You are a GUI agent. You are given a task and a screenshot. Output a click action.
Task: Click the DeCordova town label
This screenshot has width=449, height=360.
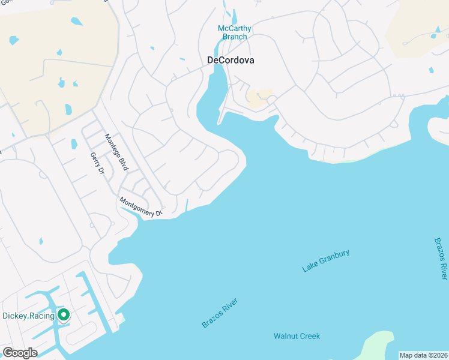coord(231,60)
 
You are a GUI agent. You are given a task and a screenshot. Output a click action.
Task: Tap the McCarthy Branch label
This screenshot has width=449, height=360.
coord(235,32)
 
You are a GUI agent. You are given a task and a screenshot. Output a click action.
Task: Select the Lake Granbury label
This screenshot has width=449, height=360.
coord(325,262)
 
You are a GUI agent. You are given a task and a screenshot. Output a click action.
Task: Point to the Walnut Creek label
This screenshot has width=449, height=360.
coord(297,336)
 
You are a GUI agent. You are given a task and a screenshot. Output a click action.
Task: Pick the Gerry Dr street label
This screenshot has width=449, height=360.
coord(97,163)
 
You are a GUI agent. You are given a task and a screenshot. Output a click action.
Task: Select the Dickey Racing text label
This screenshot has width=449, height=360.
coord(28,316)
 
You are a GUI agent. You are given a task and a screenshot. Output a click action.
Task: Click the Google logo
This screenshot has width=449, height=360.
coord(20,353)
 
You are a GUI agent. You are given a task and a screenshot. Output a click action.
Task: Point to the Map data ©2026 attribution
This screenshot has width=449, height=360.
coord(424,355)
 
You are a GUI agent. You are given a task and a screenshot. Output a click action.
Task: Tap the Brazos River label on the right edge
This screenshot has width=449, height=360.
coord(441,259)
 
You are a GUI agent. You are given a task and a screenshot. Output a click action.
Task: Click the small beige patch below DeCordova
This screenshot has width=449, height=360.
coord(258,98)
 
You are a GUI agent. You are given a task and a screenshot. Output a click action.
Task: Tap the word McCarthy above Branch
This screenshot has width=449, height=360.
coord(235,28)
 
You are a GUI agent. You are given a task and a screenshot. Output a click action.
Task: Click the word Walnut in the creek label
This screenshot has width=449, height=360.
coord(286,336)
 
